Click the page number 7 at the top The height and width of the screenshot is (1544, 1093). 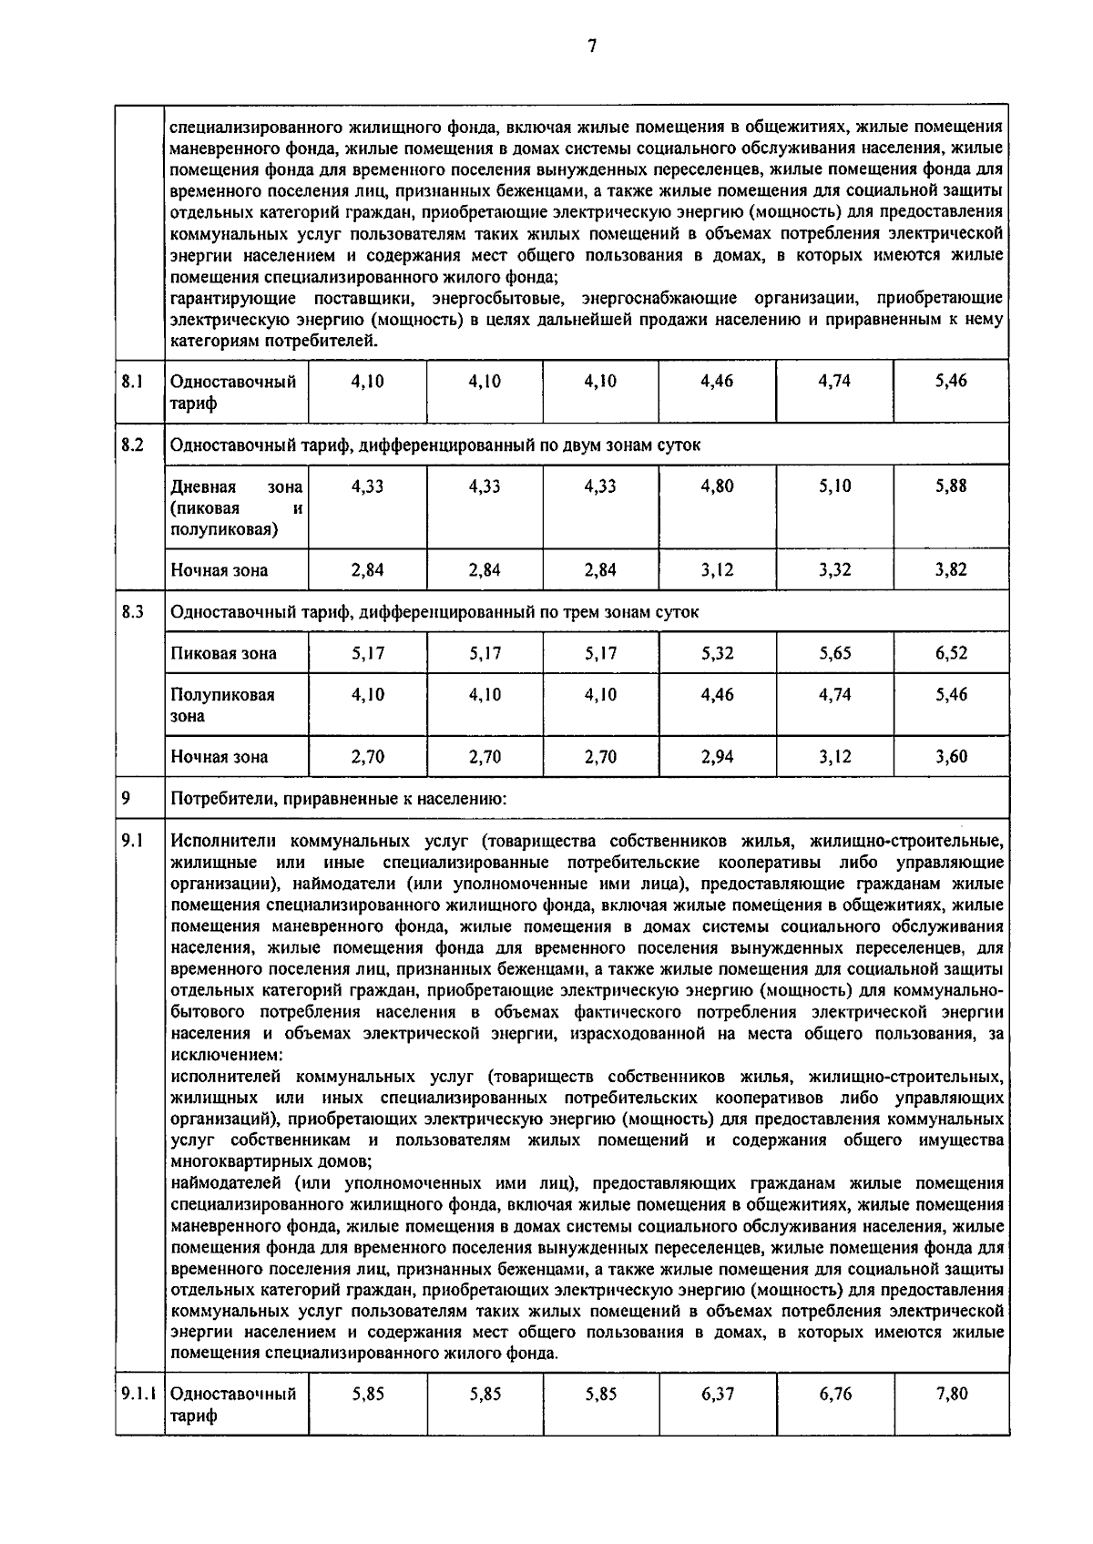click(592, 46)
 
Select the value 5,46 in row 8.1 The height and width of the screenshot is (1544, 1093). click(951, 382)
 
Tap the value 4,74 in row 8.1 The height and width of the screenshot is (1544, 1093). click(834, 382)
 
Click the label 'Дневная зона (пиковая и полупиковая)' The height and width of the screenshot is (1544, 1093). click(236, 507)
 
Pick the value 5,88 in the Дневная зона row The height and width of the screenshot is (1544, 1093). click(951, 486)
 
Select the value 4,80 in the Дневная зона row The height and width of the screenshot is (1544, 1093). click(717, 486)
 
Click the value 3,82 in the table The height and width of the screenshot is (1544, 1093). click(951, 570)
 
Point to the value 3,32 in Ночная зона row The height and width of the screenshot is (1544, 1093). click(834, 570)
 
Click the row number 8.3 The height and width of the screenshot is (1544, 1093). click(133, 612)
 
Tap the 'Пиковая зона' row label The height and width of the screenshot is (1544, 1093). click(223, 653)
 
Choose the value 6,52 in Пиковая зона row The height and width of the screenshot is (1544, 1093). click(951, 653)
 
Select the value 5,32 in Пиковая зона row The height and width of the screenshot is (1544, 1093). click(717, 653)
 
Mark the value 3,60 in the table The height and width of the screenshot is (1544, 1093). click(951, 756)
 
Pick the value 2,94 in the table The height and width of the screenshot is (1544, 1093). click(717, 756)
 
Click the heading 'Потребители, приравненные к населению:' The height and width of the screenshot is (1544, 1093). click(338, 799)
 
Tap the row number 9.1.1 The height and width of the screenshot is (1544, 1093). click(138, 1394)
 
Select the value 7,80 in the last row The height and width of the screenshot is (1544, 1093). click(951, 1394)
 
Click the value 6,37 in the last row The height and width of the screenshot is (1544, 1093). click(717, 1394)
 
